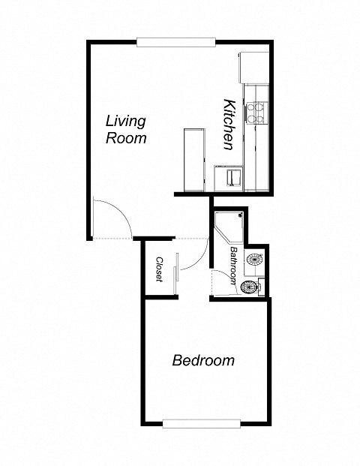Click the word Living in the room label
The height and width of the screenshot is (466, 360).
click(x=125, y=120)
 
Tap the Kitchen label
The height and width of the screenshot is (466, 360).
click(x=232, y=124)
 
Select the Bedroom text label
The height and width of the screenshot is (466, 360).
click(x=203, y=360)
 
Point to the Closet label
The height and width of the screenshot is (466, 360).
click(x=160, y=269)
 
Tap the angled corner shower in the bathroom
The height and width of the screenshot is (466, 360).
click(x=229, y=225)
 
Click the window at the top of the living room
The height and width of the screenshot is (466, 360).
click(x=177, y=41)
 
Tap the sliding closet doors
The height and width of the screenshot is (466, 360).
click(x=177, y=274)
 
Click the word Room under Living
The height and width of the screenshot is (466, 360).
click(x=125, y=138)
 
